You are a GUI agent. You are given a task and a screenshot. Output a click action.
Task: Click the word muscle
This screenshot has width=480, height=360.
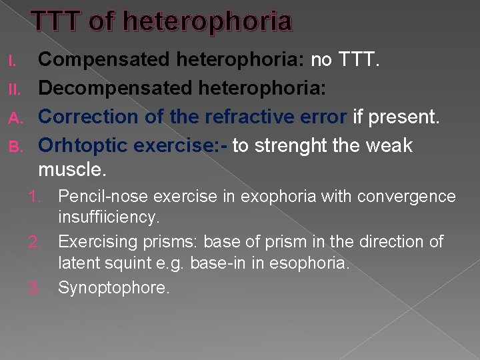(71, 170)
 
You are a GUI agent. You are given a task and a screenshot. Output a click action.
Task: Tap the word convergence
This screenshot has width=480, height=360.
(413, 197)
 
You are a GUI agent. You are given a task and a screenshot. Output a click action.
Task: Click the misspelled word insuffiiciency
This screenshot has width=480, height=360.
(109, 217)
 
